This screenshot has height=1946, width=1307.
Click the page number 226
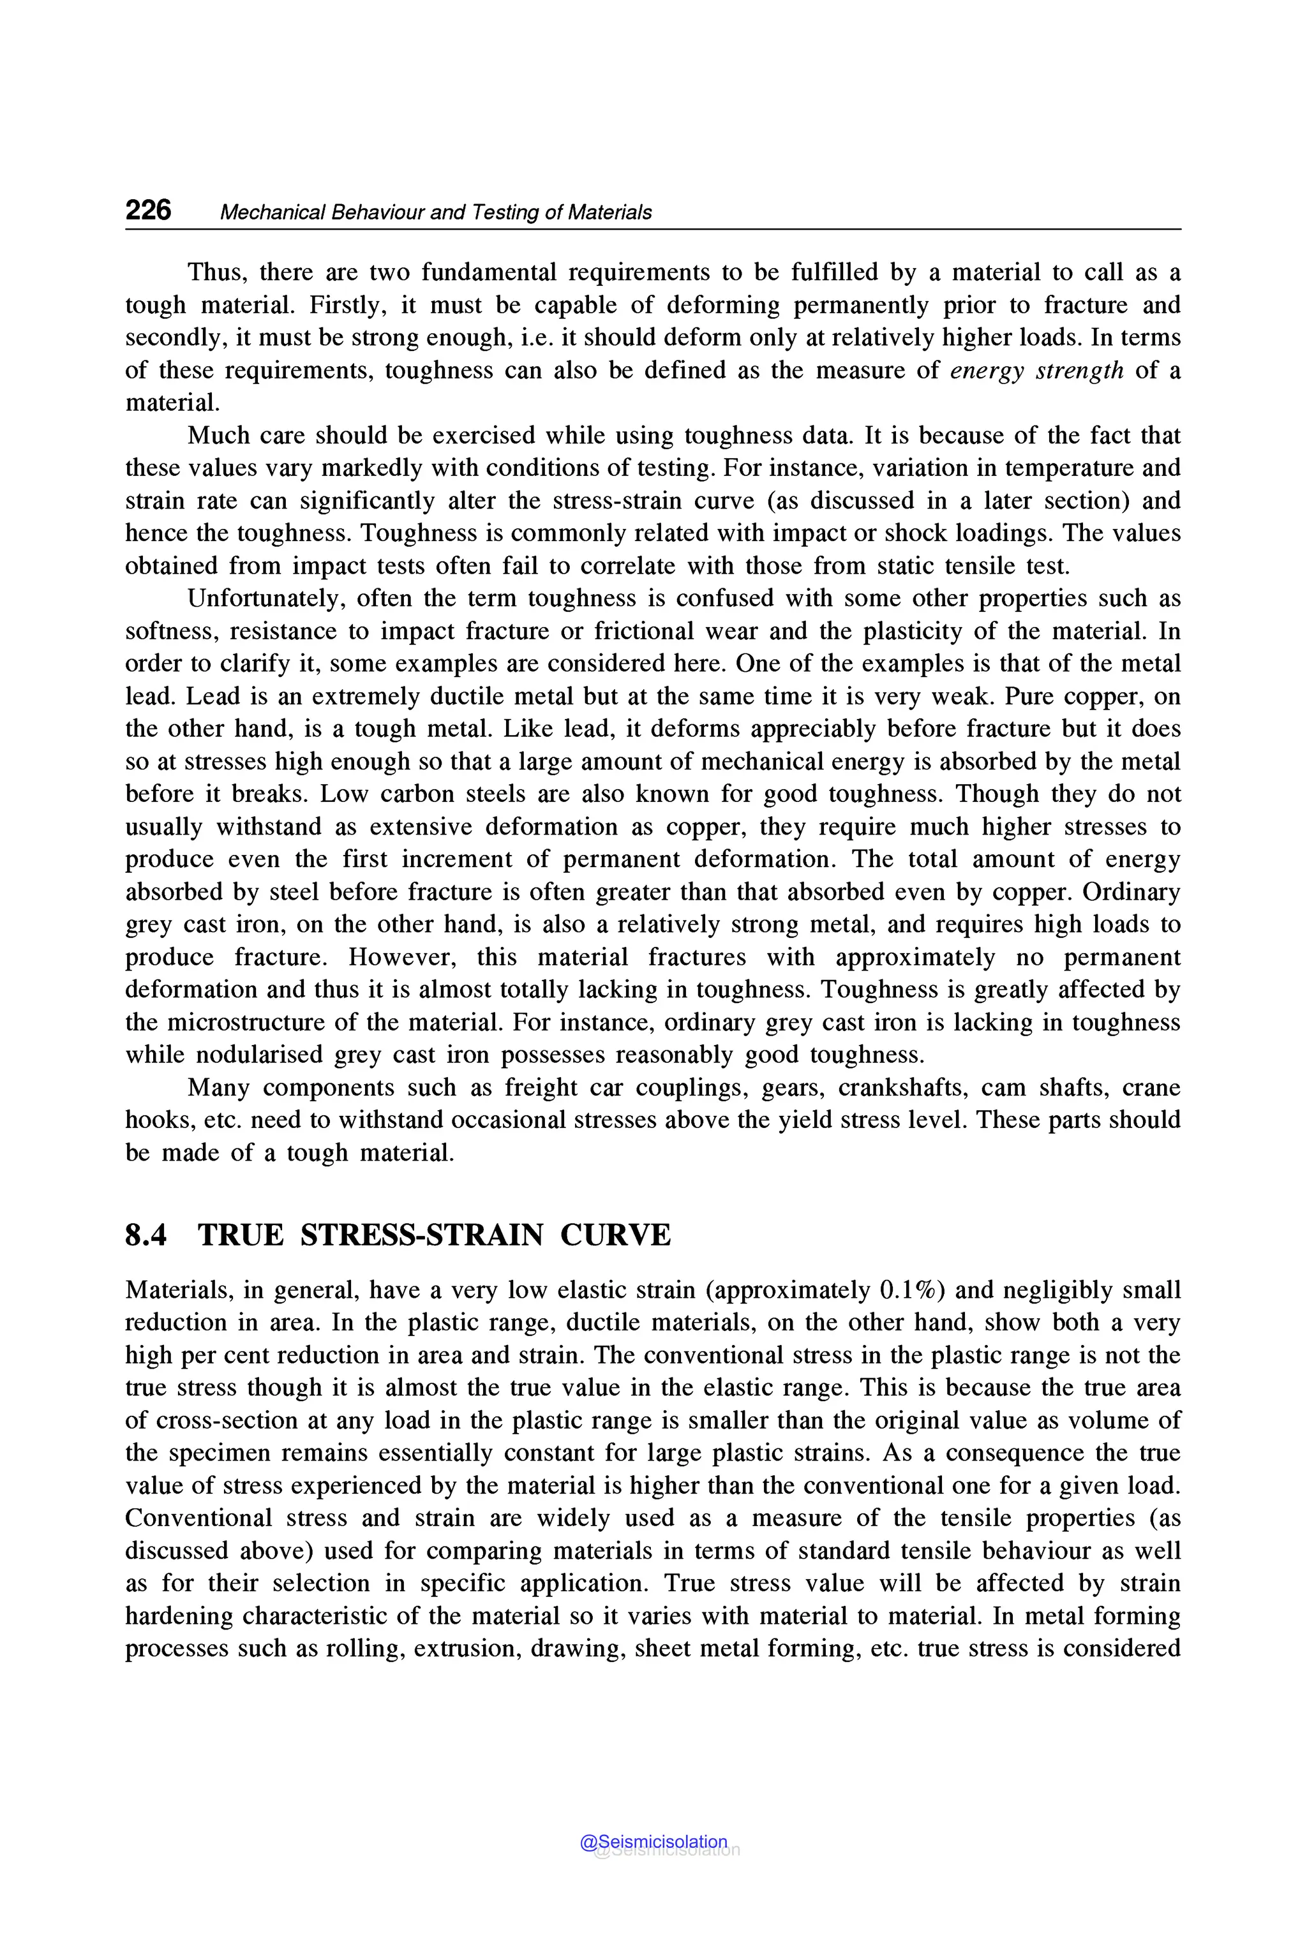click(x=147, y=210)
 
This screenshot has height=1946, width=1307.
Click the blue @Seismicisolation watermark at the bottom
click(x=653, y=1842)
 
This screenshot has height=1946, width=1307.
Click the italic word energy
click(x=986, y=370)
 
